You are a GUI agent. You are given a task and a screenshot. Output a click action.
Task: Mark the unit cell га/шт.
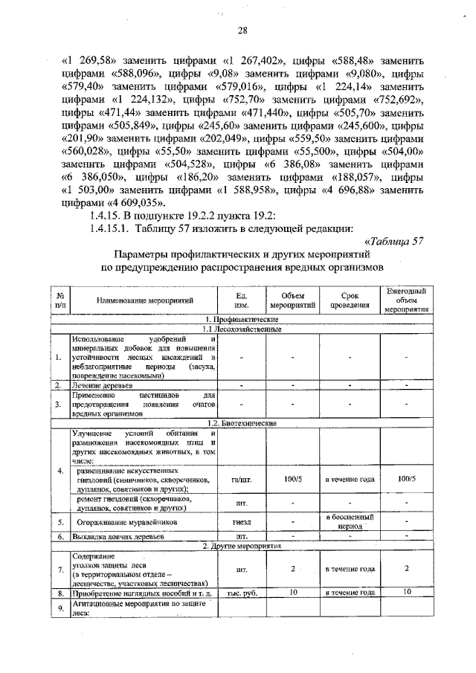click(x=241, y=480)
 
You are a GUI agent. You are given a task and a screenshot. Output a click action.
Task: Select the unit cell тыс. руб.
click(x=241, y=593)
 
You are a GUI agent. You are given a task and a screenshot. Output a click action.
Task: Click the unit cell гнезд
click(x=241, y=522)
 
